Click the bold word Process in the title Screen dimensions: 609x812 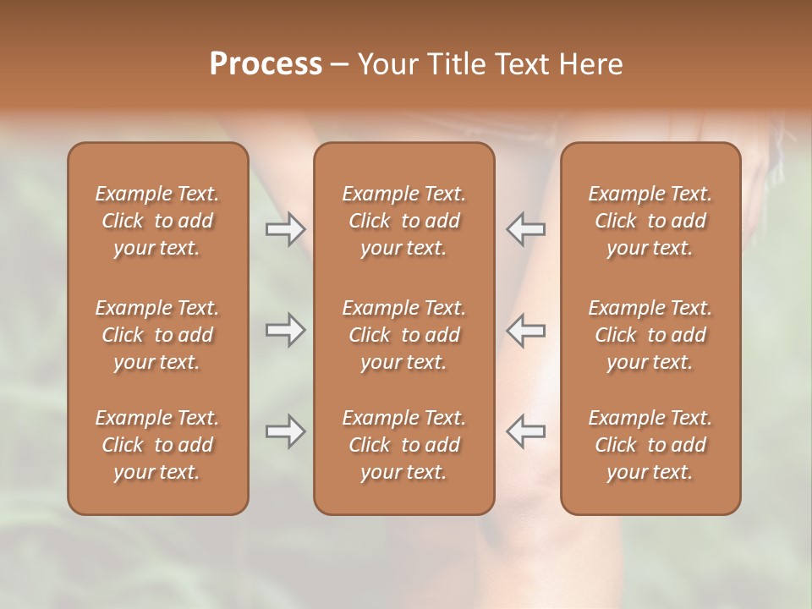point(266,64)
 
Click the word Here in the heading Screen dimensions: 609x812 point(590,64)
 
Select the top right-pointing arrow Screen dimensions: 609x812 point(285,229)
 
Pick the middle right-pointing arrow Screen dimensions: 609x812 point(285,330)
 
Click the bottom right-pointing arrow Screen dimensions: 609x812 point(285,431)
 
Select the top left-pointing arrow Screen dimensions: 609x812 point(526,229)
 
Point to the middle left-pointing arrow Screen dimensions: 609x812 point(526,330)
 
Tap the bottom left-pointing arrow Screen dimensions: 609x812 point(526,431)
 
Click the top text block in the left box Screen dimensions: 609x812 point(157,221)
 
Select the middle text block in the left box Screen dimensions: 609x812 point(157,335)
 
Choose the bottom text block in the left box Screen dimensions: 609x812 point(157,445)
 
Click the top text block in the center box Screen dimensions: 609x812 point(403,221)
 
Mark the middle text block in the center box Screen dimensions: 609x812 point(403,335)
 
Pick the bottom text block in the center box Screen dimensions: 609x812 point(403,445)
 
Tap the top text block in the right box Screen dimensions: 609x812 point(650,221)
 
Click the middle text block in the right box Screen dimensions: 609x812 point(650,335)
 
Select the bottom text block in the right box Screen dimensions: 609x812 point(650,445)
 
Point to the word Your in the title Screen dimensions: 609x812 point(387,64)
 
